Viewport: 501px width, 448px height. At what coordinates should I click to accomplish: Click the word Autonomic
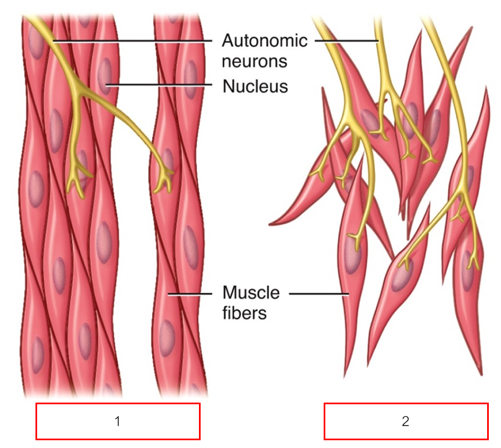coord(264,41)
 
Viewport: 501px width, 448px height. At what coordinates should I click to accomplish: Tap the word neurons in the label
coord(254,60)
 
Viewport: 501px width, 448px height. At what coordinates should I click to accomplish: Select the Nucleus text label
coord(255,86)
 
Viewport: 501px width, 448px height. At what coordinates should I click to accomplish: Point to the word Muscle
coord(251,292)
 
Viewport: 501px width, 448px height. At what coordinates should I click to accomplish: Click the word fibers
coord(244,313)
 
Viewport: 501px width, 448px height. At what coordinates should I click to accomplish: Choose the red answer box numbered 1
coord(117,421)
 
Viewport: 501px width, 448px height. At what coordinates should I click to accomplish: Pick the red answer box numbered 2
coord(406,421)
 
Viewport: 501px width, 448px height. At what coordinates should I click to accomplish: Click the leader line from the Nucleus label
coord(161,85)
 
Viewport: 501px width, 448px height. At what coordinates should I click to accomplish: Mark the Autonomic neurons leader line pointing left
coord(133,41)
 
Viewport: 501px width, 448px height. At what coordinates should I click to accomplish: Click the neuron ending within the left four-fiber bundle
coord(75,186)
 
